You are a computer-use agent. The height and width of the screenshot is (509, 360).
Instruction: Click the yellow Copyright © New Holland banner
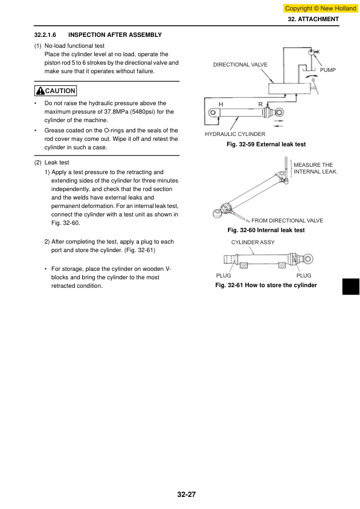320,8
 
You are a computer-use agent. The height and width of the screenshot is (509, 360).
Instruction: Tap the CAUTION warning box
56,91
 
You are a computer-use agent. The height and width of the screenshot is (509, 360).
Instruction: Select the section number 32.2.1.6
45,34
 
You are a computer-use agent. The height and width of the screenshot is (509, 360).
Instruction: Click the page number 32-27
187,494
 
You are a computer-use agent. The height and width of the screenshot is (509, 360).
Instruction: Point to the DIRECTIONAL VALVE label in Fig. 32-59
240,65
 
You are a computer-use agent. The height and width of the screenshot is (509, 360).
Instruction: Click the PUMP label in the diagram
328,70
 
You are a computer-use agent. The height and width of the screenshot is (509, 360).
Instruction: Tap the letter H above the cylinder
221,104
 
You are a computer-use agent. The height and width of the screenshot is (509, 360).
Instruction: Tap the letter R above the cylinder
260,104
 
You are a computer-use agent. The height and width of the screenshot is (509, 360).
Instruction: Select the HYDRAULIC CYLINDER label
235,134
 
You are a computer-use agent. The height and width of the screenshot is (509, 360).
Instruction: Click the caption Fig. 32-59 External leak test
266,144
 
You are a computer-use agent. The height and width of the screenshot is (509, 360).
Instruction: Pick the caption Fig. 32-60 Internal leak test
266,230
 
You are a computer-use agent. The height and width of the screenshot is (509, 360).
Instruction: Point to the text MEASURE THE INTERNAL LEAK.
315,168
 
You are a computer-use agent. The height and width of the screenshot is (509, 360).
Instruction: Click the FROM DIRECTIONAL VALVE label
288,221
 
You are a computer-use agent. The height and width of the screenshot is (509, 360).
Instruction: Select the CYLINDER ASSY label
253,242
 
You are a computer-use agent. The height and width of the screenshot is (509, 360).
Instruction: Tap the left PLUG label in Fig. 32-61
223,276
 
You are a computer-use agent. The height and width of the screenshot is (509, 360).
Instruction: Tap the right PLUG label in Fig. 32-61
304,276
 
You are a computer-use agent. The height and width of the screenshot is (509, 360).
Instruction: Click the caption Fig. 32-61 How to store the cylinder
266,285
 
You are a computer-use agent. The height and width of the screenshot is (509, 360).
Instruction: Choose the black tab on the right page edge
351,287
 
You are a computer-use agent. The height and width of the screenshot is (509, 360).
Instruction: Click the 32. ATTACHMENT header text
313,19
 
